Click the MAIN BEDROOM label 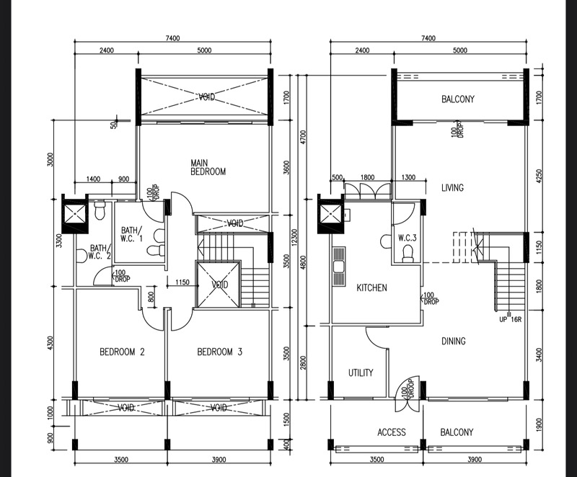(208, 167)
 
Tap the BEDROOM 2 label (122, 352)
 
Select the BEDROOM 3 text (220, 352)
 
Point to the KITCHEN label (371, 287)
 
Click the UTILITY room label (361, 373)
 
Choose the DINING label (454, 342)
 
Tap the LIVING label (452, 188)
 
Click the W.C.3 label (407, 238)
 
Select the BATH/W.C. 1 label (132, 234)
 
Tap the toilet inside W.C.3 (408, 254)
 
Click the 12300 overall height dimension (294, 238)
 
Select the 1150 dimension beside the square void (182, 282)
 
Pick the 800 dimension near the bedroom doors (151, 297)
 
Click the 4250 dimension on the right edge (539, 176)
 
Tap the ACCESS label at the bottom (392, 432)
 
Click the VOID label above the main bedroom (207, 97)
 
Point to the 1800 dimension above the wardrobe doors (367, 177)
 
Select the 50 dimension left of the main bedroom (113, 125)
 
